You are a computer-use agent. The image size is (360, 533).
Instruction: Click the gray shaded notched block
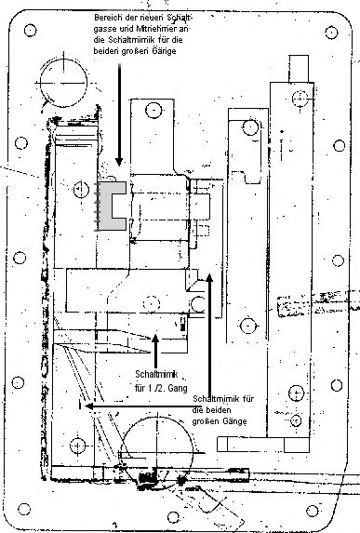(x=113, y=207)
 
